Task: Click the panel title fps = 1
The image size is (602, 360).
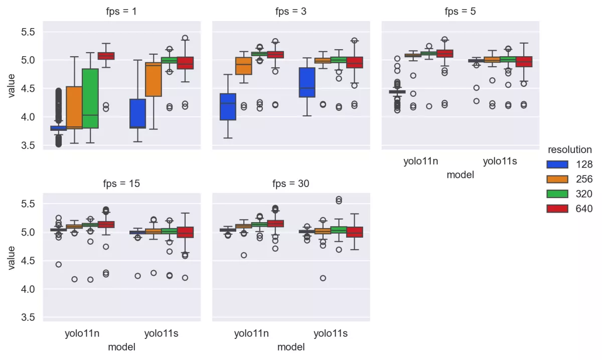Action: click(x=121, y=11)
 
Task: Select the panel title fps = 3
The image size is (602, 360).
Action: click(x=291, y=11)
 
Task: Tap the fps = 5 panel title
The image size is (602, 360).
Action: click(x=460, y=11)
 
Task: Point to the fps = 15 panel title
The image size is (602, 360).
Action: click(x=121, y=184)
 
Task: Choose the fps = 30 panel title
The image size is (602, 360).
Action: click(x=291, y=184)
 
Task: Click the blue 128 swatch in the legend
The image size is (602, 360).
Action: click(x=557, y=164)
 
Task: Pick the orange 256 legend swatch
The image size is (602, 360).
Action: click(x=557, y=179)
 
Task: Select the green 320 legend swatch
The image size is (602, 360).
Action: click(x=557, y=194)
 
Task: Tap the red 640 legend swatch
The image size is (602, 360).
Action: click(x=557, y=209)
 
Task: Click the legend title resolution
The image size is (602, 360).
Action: click(x=569, y=149)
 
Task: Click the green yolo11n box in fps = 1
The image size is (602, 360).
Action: click(x=90, y=98)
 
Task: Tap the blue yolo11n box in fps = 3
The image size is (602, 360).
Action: click(x=228, y=107)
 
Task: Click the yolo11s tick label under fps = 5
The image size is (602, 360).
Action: click(x=500, y=161)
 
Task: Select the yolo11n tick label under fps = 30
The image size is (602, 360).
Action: click(x=251, y=333)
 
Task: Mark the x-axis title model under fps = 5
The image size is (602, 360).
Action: click(x=460, y=175)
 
